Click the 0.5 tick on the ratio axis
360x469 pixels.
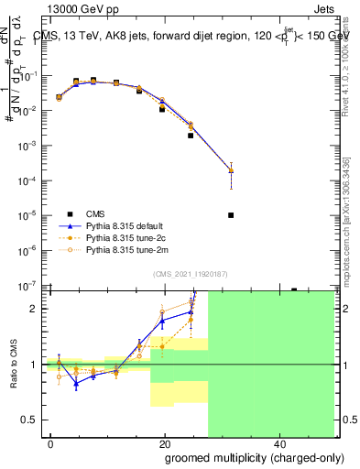33,420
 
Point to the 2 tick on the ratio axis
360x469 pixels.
38,309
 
